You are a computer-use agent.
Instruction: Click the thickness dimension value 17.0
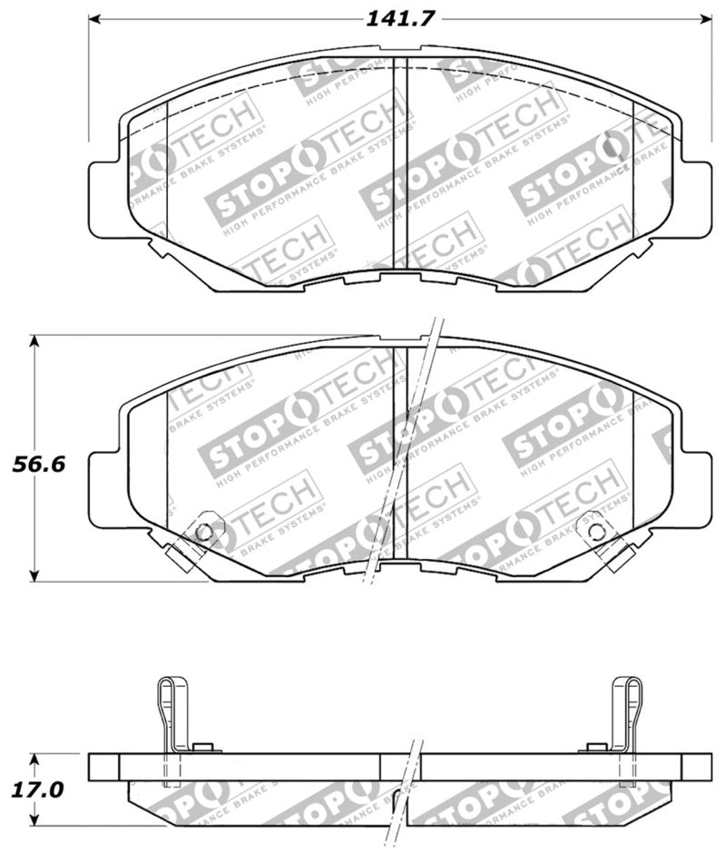[x=37, y=789]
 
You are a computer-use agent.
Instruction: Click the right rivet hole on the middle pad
[x=594, y=533]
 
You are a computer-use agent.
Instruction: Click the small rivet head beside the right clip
[x=596, y=747]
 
